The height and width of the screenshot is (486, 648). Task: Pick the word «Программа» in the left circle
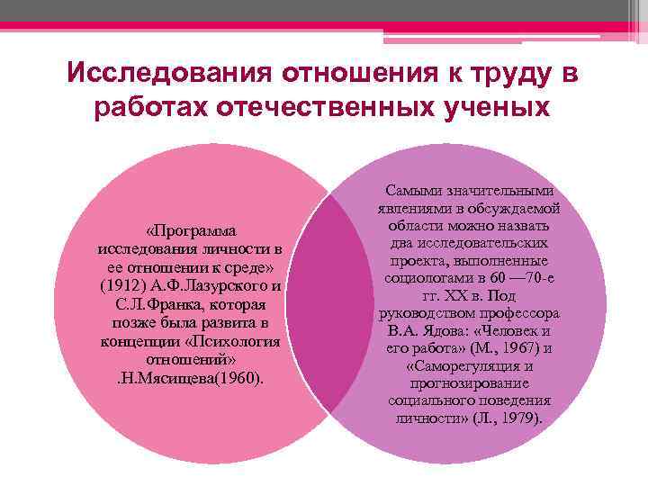click(x=194, y=229)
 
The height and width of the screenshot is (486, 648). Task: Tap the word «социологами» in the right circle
click(x=424, y=278)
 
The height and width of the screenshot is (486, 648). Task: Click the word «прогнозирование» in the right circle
click(x=470, y=383)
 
